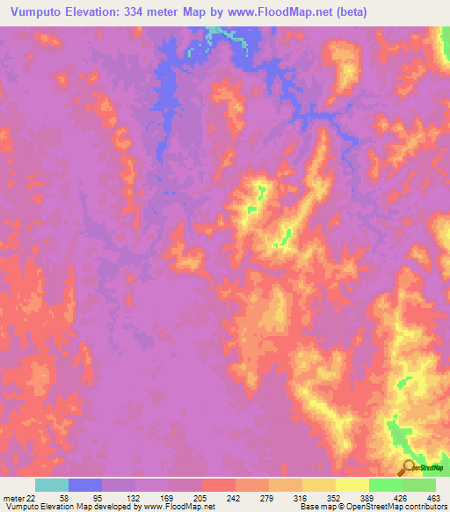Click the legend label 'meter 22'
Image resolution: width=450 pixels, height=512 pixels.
(x=20, y=497)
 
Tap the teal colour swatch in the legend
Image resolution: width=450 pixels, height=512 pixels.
(x=52, y=485)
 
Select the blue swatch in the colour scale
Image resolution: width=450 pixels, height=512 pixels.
(x=85, y=485)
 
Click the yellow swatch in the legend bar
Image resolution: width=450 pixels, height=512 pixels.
(x=352, y=485)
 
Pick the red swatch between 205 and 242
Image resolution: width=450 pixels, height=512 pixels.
(x=218, y=485)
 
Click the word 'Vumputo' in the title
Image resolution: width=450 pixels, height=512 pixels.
(x=34, y=11)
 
